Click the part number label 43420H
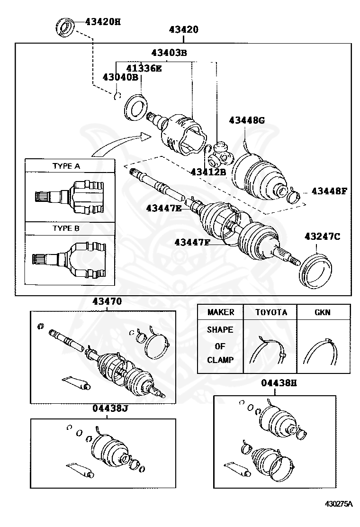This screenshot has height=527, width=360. coord(103,21)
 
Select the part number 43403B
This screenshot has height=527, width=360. coord(169,53)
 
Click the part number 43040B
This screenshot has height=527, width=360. coord(120,77)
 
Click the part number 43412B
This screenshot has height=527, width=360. coord(208,172)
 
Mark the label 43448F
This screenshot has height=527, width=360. coord(329,191)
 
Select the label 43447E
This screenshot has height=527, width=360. coord(164,208)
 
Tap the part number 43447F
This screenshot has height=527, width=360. coord(192,242)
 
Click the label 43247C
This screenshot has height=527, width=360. coord(322,236)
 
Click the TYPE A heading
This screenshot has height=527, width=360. coord(66,166)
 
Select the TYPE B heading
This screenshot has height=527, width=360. coord(66,228)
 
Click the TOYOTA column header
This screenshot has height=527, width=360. coord(271,312)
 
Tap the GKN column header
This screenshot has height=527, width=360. coord(323,312)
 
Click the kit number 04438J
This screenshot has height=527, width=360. coord(110,409)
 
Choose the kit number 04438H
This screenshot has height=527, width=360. coord(279,383)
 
